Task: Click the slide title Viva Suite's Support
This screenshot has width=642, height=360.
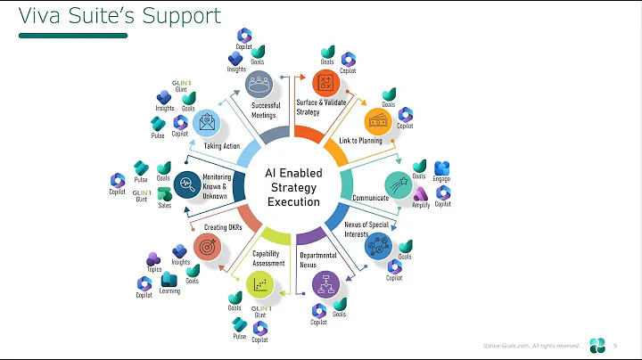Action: coord(120,17)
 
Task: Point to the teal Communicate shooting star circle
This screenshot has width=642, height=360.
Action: coord(399,184)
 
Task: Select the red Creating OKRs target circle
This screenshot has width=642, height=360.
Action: coord(208,245)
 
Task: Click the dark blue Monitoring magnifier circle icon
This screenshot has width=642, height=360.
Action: coord(187,184)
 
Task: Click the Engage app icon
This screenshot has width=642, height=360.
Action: coord(442,169)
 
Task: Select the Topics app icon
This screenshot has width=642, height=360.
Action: coord(152,259)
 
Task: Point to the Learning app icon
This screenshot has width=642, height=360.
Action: coord(169,280)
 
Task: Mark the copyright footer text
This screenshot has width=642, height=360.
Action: coord(531,345)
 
